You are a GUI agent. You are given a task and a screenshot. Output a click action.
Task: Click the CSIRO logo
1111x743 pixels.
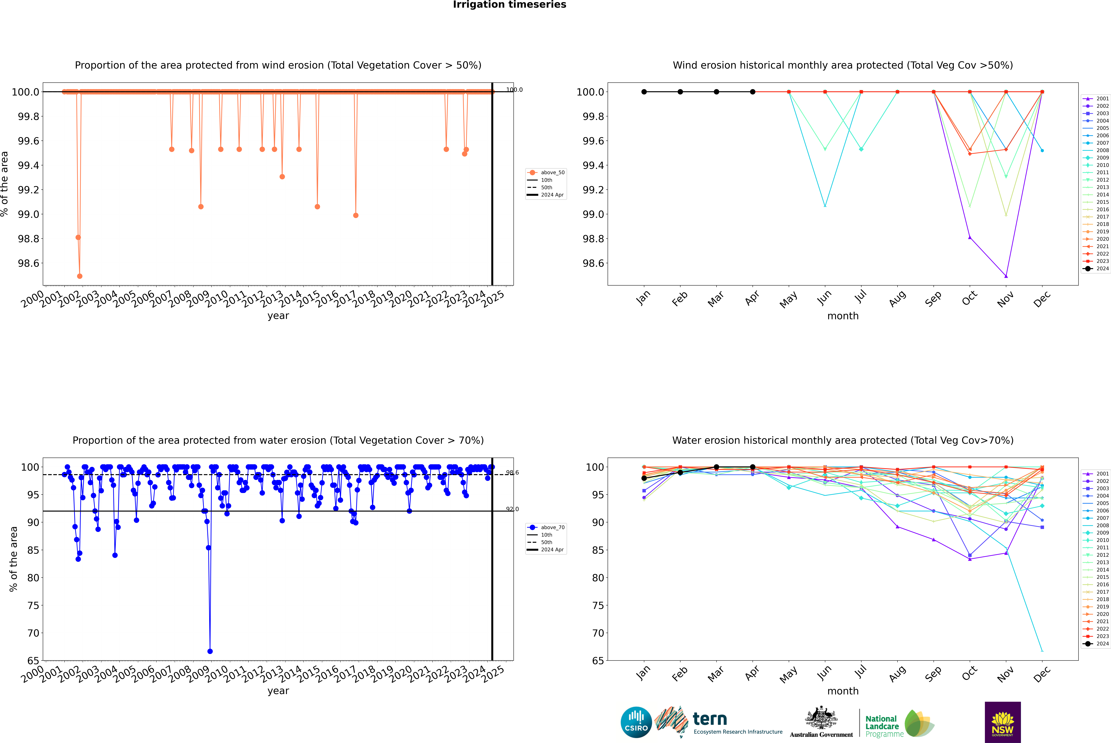636,722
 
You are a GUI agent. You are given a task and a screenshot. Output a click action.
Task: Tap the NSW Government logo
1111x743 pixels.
1003,722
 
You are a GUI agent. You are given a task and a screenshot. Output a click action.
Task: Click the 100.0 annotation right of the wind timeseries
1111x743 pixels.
514,90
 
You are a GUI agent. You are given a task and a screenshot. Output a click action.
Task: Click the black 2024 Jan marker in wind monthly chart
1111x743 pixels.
644,92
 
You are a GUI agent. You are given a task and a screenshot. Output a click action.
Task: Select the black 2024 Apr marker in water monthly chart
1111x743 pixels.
753,467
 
